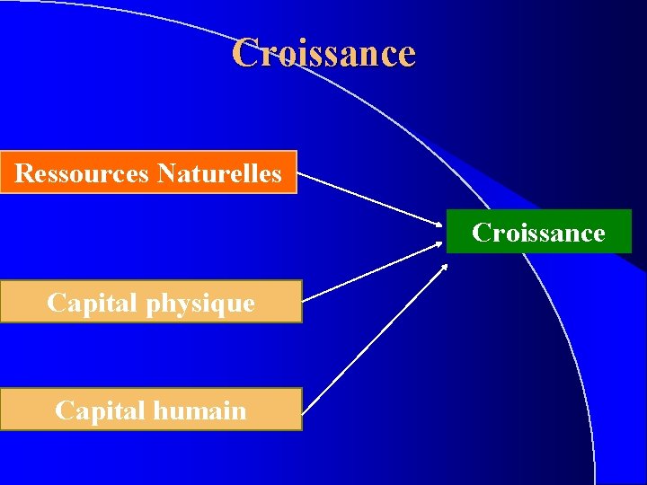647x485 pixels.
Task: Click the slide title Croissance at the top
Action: (x=323, y=53)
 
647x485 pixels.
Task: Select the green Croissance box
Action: (x=539, y=232)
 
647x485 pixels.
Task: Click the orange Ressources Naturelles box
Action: (x=148, y=172)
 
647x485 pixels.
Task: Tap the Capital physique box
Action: (x=151, y=302)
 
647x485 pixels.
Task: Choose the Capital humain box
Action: (x=151, y=410)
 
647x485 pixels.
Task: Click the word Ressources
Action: (x=82, y=172)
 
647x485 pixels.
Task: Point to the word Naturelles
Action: (x=219, y=172)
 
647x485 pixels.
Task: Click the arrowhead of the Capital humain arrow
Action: (x=443, y=267)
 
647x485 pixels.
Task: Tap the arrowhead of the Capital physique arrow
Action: (x=439, y=245)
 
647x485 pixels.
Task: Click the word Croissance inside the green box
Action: (x=539, y=233)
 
